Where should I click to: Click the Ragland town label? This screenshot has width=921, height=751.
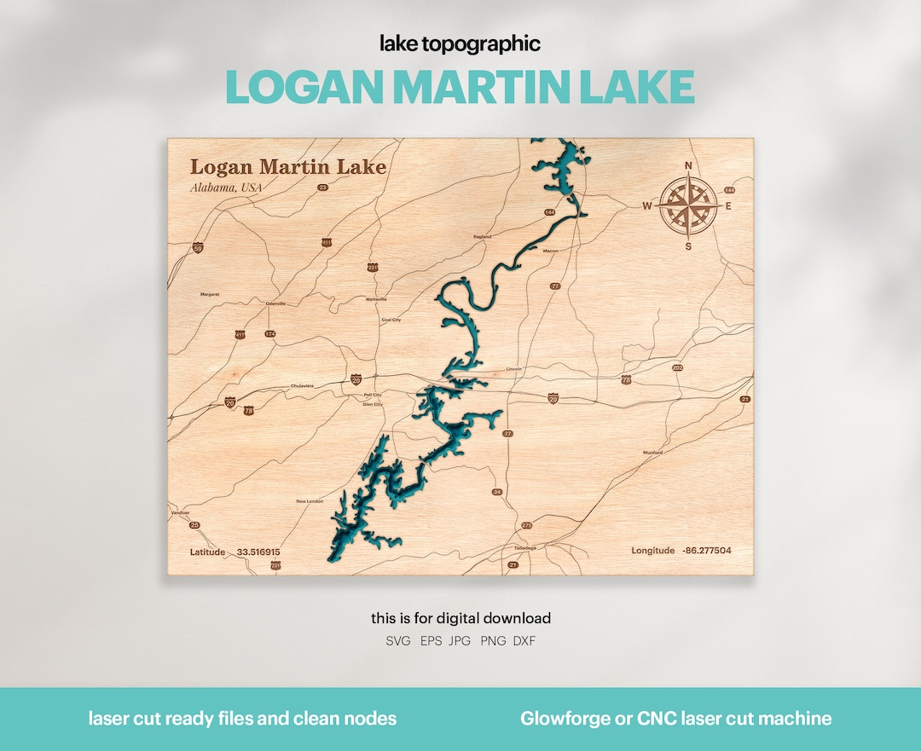coord(484,237)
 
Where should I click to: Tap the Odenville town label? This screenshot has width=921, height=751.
coord(276,303)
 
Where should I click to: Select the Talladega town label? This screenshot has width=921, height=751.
coord(526,547)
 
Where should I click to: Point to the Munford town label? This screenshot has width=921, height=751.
coord(652,453)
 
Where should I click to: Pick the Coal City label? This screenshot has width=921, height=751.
coord(391,320)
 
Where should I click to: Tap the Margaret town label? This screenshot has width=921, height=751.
coord(210,294)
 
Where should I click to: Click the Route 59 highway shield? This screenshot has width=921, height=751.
coord(198,248)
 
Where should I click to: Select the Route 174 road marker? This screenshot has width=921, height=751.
coord(270,333)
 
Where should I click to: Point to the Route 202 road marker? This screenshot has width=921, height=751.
coord(678,368)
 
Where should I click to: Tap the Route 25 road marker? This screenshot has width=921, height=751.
coord(194,525)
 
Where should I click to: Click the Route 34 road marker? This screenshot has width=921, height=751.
coord(497,493)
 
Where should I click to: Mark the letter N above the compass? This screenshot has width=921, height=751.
coord(689,166)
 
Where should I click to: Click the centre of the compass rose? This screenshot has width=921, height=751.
coord(688,206)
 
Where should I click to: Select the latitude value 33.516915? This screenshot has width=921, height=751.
coord(258,552)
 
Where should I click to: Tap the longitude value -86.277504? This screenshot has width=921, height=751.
coord(707,551)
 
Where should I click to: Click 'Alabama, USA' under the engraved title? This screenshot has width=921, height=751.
coord(226,188)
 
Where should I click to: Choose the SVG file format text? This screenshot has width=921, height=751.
coord(398,641)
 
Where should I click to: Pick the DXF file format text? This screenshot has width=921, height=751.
coord(524,641)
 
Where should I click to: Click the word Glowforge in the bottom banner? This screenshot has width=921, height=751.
coord(565,719)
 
